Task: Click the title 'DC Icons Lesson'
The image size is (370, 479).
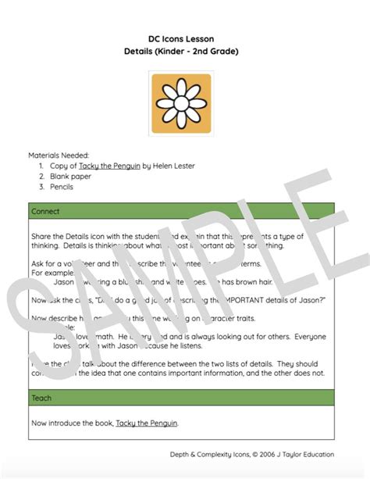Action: pyautogui.click(x=184, y=38)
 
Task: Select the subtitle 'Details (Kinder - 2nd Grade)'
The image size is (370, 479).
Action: pyautogui.click(x=184, y=51)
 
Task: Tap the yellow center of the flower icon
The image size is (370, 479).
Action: pyautogui.click(x=184, y=102)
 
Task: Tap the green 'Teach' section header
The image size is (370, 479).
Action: pyautogui.click(x=41, y=398)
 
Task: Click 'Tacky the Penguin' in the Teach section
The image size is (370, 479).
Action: pyautogui.click(x=147, y=423)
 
